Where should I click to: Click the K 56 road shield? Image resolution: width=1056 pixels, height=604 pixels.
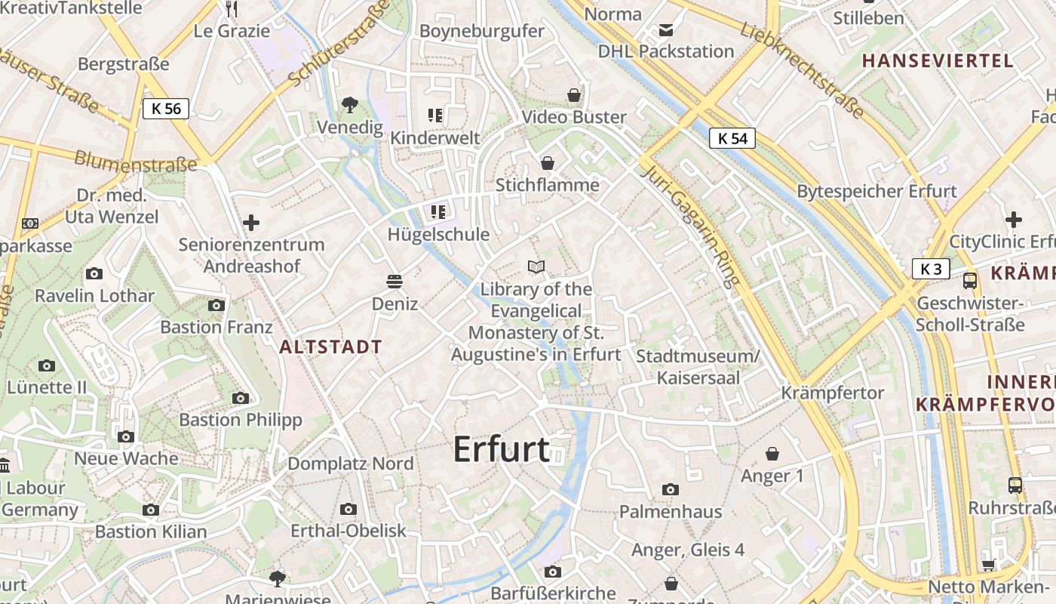coord(166,109)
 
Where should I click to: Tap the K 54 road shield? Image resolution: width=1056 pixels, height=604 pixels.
coord(732,138)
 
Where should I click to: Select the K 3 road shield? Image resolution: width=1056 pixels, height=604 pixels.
coord(931,269)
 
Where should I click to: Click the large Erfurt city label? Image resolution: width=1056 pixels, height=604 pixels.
coord(501,449)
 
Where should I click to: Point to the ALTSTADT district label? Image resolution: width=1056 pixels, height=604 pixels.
coord(330,347)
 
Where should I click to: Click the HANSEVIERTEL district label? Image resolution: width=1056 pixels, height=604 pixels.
coord(936,61)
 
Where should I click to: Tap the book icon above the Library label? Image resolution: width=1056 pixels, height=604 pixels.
coord(536,267)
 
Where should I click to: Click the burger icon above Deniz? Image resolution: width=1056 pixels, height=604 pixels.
coord(394,282)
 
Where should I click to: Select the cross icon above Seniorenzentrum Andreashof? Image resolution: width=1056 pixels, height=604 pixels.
coord(251,223)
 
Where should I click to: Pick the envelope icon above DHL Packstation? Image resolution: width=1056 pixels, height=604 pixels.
coord(666,30)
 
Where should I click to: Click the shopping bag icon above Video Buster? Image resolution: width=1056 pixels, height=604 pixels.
coord(574,95)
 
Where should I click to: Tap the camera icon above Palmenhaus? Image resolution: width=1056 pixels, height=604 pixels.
coord(670,490)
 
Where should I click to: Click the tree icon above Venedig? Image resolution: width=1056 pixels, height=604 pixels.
coord(349,105)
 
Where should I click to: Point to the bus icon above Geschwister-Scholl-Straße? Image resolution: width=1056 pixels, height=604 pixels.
coord(970,281)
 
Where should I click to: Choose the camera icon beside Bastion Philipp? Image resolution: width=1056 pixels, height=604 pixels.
coord(241,398)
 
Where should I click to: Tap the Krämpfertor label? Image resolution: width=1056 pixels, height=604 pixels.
coord(833,393)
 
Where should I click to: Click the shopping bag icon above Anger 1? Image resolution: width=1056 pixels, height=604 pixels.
coord(772,454)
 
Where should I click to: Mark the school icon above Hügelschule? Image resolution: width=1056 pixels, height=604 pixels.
coord(437,212)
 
